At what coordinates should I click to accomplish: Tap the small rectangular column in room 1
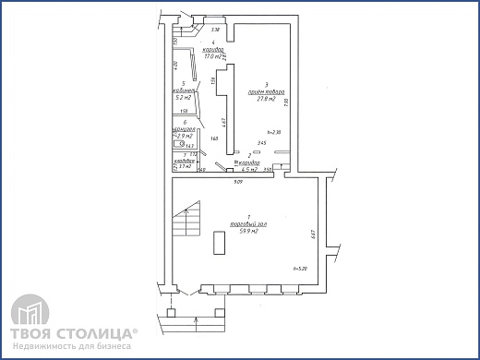[x=219, y=243]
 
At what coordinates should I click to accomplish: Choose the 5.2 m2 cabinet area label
[x=185, y=97]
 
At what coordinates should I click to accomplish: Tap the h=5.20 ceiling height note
[x=299, y=269]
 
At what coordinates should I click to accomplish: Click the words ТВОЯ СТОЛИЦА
[x=74, y=333]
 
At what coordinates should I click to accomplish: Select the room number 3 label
[x=266, y=84]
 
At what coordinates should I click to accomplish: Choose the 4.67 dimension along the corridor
[x=223, y=120]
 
